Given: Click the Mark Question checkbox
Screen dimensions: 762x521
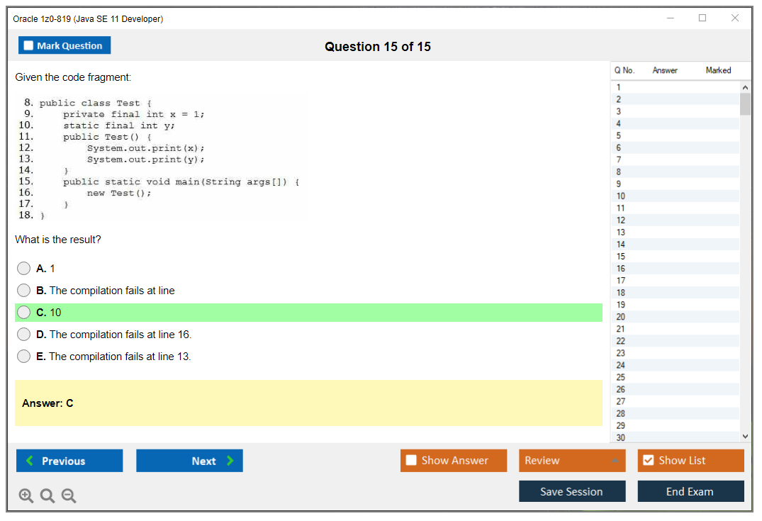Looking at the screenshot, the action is [x=28, y=45].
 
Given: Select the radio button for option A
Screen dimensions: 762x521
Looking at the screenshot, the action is [x=24, y=268].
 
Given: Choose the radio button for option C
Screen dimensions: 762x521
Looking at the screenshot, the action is [x=24, y=313].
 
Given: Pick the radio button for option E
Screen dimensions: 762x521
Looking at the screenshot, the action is [x=24, y=357].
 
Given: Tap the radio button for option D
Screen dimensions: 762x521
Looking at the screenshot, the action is [x=24, y=335].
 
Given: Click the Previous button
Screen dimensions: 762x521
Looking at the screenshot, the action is [x=69, y=461].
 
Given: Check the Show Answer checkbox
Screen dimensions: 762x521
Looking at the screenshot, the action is [x=411, y=460].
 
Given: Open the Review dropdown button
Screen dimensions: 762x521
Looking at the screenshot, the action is [x=572, y=460].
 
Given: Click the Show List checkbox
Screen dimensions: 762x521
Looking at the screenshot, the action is [x=649, y=460].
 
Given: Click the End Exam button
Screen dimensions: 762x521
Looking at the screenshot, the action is [x=690, y=491].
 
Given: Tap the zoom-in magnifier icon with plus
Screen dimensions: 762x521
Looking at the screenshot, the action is [x=26, y=495].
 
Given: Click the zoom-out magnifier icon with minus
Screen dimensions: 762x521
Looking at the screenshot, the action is [x=69, y=495].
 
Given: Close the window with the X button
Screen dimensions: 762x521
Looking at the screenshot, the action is [x=735, y=18].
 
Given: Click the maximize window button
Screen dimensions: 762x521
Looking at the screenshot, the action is [x=702, y=18].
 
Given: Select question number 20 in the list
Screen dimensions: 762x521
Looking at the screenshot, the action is [x=620, y=317].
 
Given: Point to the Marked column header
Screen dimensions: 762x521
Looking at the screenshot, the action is [x=718, y=70].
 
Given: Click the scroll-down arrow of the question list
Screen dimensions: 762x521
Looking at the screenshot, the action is [x=746, y=437].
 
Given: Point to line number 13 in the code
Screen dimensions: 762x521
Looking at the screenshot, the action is [x=26, y=159].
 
